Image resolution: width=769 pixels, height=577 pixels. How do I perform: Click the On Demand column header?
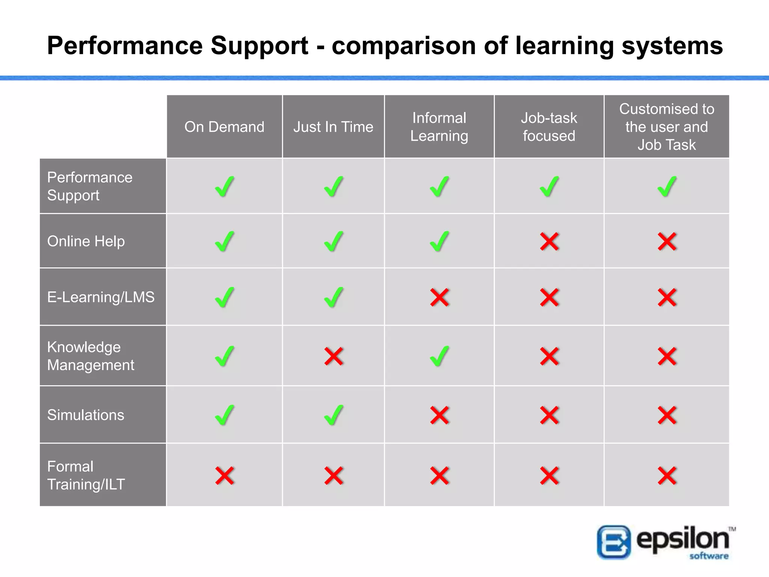click(x=224, y=127)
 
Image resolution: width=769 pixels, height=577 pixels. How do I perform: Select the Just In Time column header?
click(x=333, y=127)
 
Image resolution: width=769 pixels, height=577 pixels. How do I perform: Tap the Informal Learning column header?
click(x=439, y=127)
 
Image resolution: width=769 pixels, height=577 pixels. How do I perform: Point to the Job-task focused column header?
click(x=549, y=127)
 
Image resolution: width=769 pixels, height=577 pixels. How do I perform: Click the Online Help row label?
click(x=86, y=241)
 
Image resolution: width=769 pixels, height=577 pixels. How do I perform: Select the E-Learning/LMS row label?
click(x=101, y=297)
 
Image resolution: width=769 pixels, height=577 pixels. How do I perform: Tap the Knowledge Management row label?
click(x=90, y=356)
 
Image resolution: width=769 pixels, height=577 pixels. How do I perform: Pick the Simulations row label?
click(x=86, y=415)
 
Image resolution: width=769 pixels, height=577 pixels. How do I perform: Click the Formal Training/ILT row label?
click(x=86, y=476)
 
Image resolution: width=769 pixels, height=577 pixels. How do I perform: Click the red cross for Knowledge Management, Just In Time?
click(x=334, y=356)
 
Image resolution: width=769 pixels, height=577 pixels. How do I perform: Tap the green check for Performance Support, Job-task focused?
click(x=549, y=187)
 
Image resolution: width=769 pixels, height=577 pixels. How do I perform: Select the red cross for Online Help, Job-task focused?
click(x=549, y=242)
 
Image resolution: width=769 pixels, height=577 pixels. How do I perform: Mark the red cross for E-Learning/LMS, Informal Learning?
click(x=439, y=298)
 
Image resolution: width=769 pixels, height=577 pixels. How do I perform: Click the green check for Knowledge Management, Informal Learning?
click(x=439, y=356)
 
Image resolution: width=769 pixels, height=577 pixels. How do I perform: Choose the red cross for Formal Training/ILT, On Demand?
click(x=225, y=476)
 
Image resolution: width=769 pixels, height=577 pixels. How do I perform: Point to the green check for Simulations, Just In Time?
click(x=334, y=415)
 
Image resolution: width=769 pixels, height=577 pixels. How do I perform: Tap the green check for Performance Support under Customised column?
click(x=667, y=187)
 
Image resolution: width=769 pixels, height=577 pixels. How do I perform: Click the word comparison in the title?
click(x=404, y=46)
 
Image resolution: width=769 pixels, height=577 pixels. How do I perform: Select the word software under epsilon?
click(x=709, y=556)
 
